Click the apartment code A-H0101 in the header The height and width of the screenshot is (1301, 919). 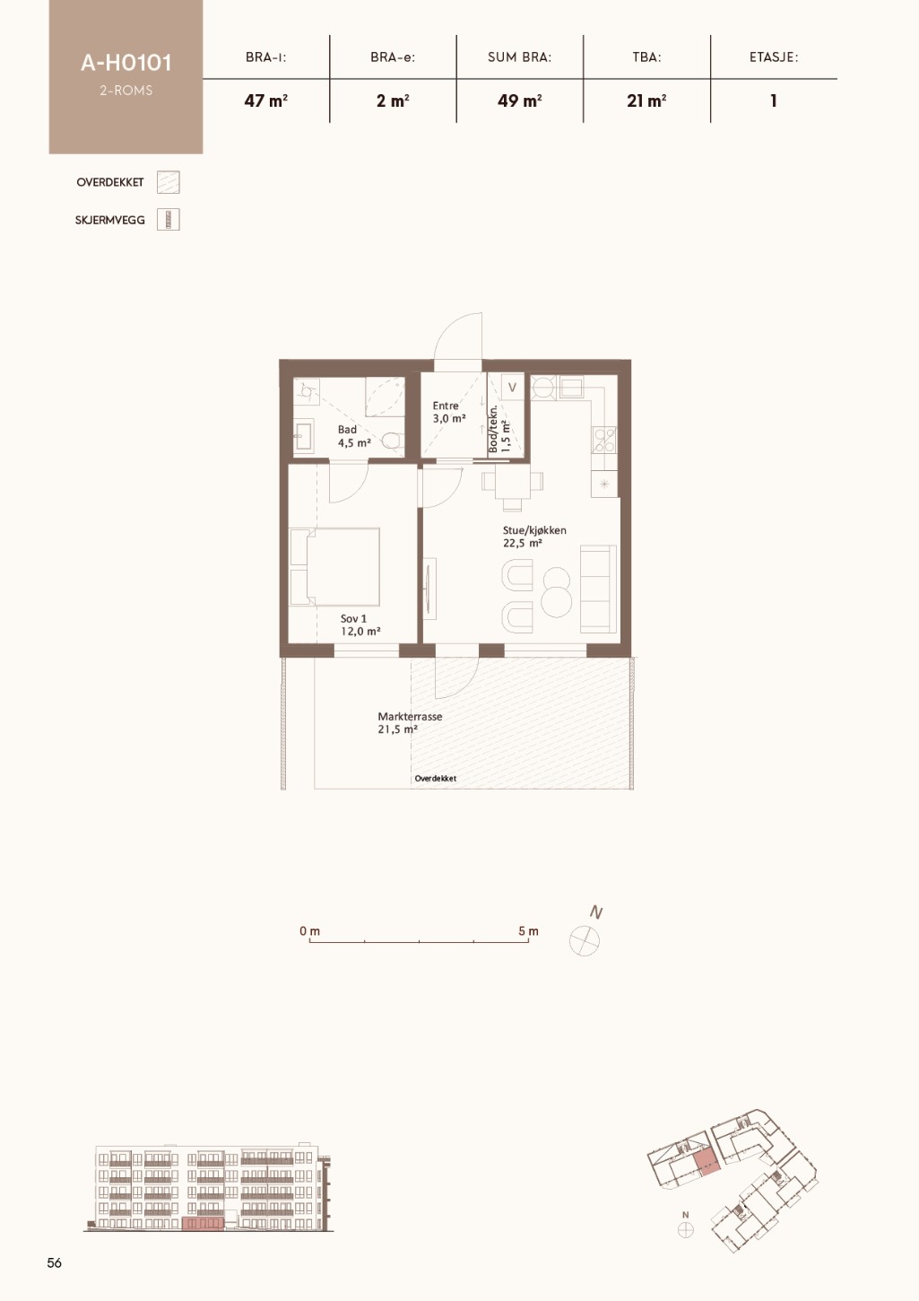[126, 63]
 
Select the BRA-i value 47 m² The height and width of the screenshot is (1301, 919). [266, 100]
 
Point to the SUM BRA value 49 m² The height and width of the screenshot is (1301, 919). [520, 100]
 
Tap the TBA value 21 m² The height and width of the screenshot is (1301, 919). [646, 100]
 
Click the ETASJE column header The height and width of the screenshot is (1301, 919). [773, 57]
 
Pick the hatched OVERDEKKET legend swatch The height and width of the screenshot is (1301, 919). [169, 182]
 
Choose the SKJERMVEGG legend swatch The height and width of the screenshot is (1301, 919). [169, 220]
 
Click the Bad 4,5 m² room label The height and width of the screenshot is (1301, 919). [354, 435]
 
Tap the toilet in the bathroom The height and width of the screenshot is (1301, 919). [393, 441]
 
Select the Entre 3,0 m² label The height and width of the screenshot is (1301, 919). [449, 412]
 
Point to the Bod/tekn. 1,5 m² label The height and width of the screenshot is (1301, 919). [499, 429]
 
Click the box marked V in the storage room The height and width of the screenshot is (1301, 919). [512, 388]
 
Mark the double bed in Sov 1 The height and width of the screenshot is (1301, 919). [335, 567]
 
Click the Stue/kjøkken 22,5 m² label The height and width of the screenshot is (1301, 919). [534, 536]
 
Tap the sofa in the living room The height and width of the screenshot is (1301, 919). [599, 589]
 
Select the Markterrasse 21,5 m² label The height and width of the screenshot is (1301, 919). [409, 722]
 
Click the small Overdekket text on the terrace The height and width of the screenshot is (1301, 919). [436, 778]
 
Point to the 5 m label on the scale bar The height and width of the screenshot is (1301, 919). [528, 931]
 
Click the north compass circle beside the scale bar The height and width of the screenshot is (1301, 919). [585, 940]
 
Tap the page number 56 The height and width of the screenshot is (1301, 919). [54, 1262]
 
